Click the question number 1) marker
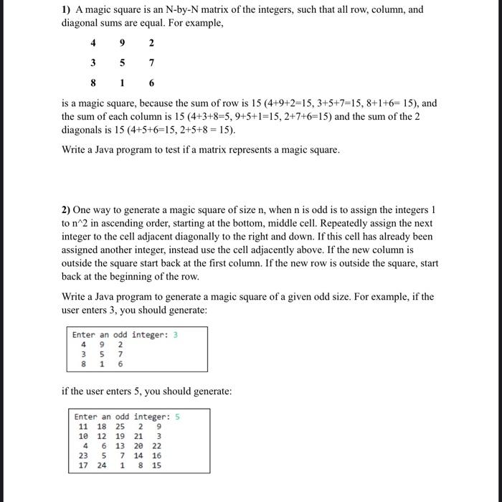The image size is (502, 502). click(67, 9)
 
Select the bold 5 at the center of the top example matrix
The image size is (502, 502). click(122, 62)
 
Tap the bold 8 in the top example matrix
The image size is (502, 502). click(93, 82)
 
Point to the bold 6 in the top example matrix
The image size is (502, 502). click(151, 82)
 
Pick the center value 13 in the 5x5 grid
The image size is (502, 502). click(120, 445)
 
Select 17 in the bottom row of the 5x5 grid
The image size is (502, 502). click(83, 465)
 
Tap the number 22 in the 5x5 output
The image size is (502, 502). click(156, 445)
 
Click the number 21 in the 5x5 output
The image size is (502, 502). click(138, 436)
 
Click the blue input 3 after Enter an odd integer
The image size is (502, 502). click(175, 335)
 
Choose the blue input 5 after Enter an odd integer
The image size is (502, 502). click(177, 417)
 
